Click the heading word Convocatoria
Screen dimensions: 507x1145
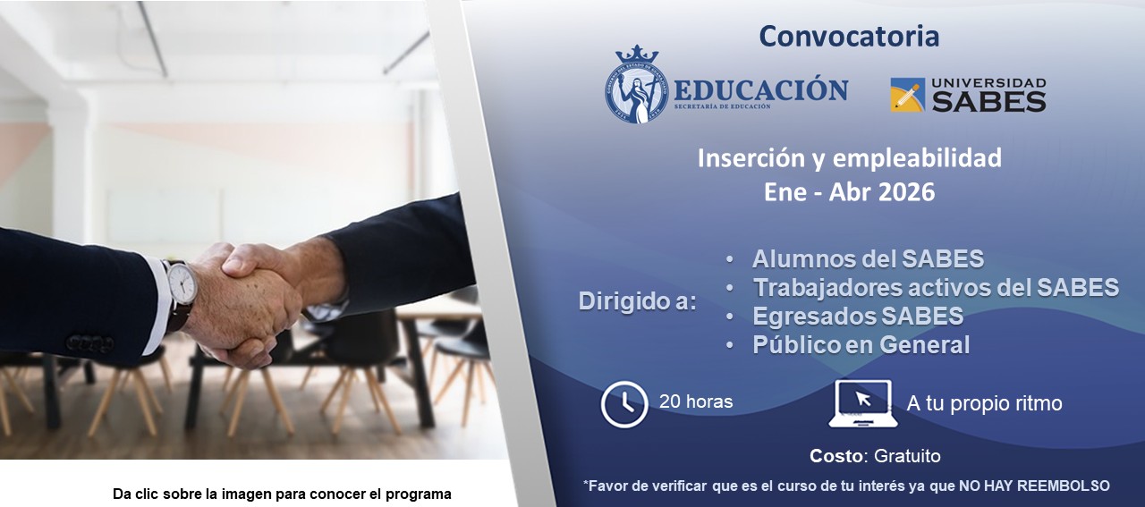849,37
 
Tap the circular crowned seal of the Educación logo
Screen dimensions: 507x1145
637,85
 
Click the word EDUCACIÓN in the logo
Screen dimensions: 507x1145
760,90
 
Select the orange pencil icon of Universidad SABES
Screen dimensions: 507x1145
907,95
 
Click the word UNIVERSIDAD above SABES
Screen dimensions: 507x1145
988,83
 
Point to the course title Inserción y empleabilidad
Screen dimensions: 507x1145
849,158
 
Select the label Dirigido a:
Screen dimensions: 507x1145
637,301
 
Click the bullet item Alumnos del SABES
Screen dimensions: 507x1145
868,259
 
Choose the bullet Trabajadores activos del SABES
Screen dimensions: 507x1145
936,288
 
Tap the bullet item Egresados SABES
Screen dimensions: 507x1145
857,317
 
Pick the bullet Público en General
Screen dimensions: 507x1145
861,345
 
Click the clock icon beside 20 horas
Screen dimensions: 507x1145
624,404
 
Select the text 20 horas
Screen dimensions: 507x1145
696,402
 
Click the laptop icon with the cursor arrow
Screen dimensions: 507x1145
863,403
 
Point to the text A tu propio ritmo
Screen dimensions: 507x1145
984,403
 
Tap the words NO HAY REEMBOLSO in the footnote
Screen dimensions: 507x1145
1034,486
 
